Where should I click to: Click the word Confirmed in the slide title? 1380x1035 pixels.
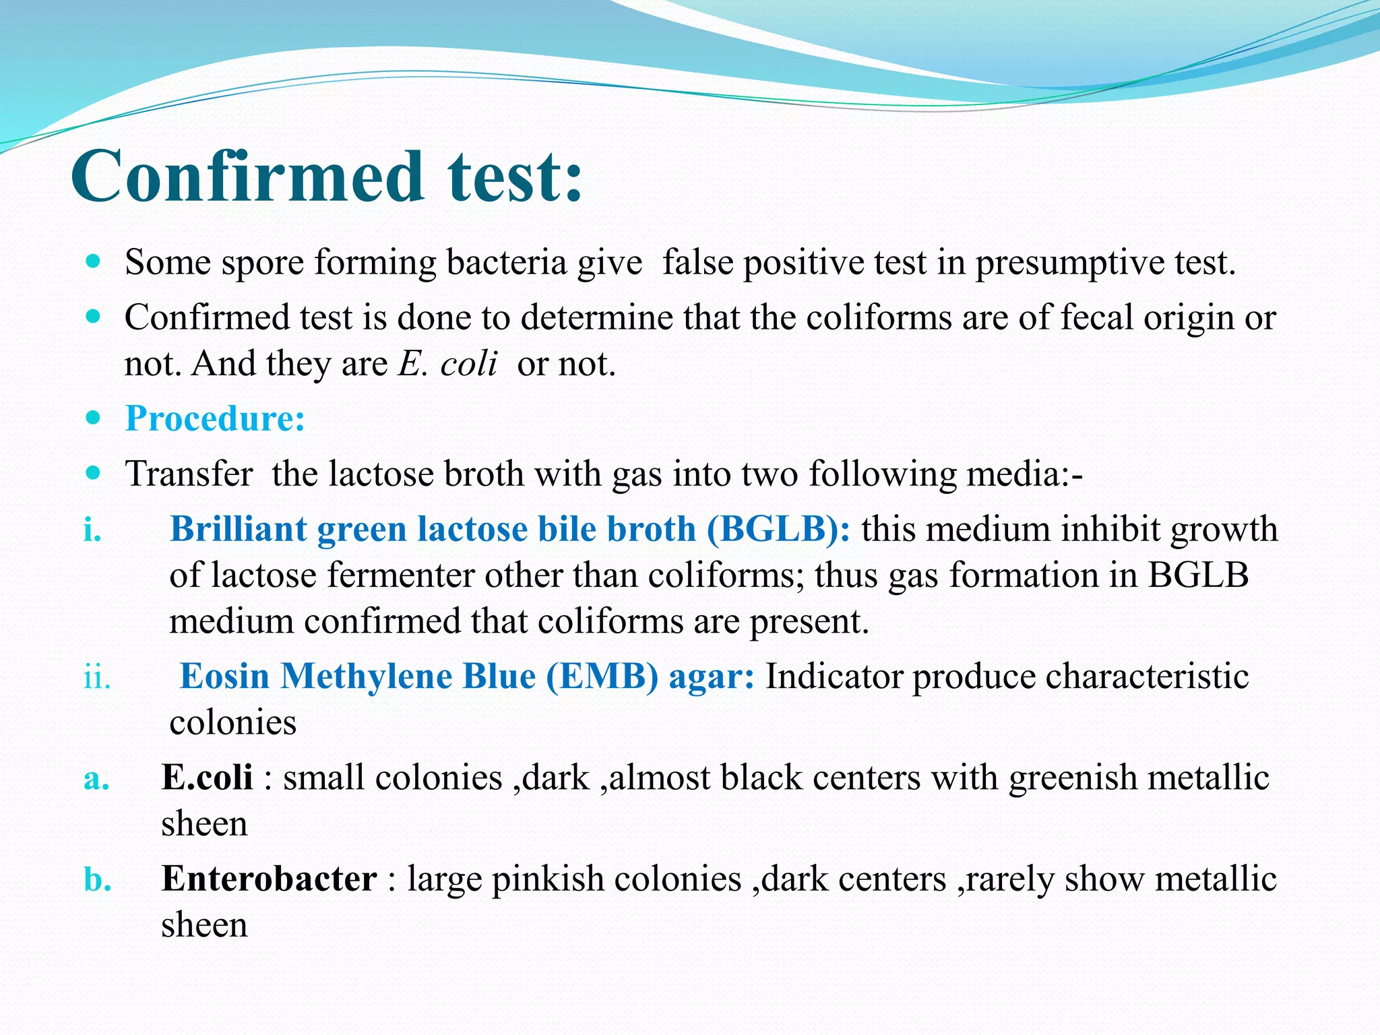click(247, 177)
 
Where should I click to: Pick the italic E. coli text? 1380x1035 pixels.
click(447, 364)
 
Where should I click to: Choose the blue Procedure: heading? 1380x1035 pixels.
click(215, 418)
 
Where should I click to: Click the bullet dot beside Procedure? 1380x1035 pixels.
click(94, 418)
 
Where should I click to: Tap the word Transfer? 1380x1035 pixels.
click(189, 474)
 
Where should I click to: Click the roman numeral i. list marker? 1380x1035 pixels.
click(92, 530)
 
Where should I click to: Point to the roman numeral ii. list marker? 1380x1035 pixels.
click(97, 677)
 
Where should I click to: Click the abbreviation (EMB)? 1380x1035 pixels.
click(602, 677)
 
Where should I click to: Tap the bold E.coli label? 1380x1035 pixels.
click(207, 778)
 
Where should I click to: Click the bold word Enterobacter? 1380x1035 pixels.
click(269, 879)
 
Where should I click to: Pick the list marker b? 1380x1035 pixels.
click(97, 880)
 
